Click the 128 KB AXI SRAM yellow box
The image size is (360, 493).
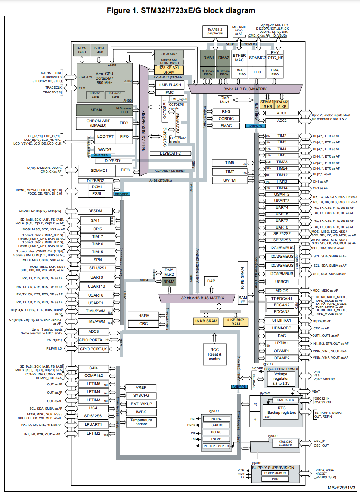coord(169,70)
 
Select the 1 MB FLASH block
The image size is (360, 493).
coord(170,85)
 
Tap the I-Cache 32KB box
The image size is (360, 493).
coord(95,95)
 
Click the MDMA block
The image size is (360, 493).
coord(96,110)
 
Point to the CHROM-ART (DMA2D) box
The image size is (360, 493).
coord(98,123)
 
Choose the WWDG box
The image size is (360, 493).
coord(105,149)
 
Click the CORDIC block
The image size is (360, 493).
coord(226,119)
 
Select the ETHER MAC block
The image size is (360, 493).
coord(239,58)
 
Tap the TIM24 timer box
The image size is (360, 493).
coord(282,168)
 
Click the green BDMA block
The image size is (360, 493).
coord(169,282)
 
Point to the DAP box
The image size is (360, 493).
coord(211,281)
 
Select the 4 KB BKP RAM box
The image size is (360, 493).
coord(235,322)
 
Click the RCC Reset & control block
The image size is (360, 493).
coord(214,354)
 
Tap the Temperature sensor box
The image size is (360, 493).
coord(141,422)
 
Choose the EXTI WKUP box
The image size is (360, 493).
coord(141,404)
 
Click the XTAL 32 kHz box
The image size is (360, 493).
coord(285,400)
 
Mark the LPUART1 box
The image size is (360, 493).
coord(93,425)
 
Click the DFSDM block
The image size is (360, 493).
coord(95,211)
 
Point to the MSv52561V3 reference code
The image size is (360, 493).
coord(341,488)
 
